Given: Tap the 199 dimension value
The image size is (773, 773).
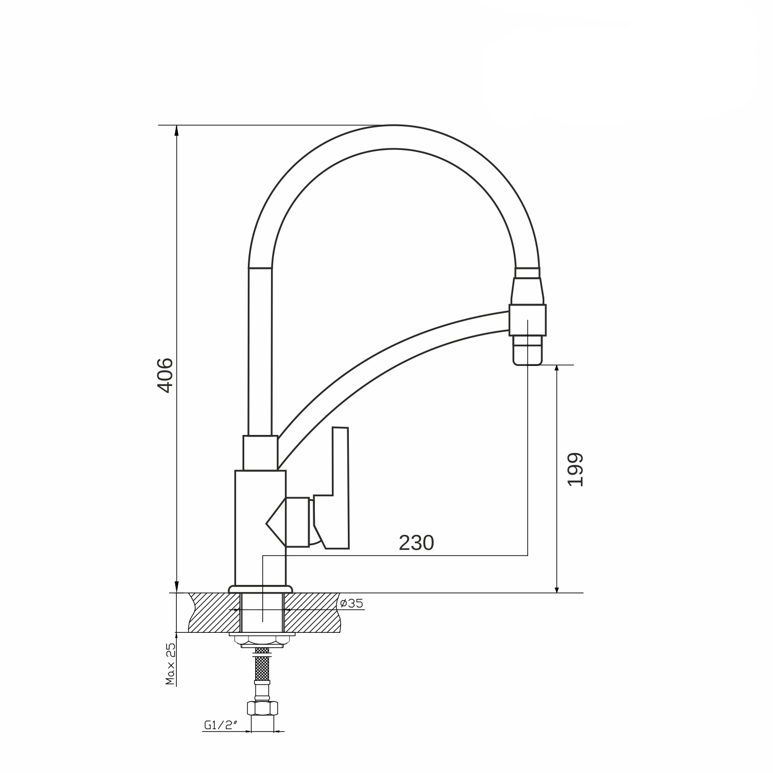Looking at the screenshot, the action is [574, 469].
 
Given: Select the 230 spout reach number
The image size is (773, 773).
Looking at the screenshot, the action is [416, 543].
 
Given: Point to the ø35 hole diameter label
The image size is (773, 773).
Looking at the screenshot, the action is [352, 602].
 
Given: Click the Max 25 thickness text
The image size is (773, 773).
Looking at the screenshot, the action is [171, 664].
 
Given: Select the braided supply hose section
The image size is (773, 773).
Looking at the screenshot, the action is [262, 664].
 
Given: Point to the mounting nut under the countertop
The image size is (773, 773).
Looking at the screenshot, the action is [262, 641].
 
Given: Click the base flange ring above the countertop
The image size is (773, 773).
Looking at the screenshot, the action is [261, 589].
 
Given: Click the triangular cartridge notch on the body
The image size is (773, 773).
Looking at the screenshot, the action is [276, 523].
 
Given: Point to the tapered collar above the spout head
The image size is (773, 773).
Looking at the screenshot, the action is [528, 291].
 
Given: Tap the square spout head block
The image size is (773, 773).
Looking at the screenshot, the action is [527, 320].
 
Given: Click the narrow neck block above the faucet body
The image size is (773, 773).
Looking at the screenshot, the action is [260, 453].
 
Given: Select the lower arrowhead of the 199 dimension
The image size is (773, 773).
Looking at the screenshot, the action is [557, 587].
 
